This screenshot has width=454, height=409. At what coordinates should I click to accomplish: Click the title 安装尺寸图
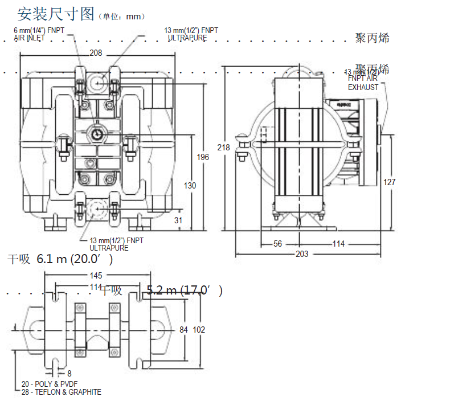(55, 14)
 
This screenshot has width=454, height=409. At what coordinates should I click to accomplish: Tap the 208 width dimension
(96, 53)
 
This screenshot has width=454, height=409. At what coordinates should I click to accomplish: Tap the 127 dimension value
(390, 182)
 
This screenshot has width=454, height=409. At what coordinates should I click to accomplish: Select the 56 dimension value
(277, 244)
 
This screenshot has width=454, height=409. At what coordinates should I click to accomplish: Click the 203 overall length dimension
(302, 254)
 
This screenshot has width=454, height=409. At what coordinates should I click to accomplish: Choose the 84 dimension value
(183, 330)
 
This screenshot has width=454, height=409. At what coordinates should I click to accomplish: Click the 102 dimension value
(199, 330)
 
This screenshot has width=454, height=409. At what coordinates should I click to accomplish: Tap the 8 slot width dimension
(69, 374)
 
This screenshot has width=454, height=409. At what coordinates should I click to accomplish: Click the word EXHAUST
(363, 88)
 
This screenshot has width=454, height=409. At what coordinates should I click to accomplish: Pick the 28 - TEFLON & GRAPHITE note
(62, 392)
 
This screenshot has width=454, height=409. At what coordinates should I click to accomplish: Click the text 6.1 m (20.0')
(75, 259)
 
